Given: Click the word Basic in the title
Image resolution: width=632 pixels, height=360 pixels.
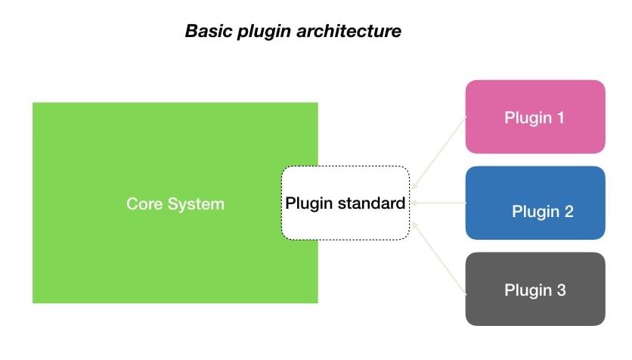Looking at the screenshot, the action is [x=209, y=31].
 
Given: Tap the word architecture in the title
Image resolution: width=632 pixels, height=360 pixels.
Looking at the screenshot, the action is [x=349, y=31].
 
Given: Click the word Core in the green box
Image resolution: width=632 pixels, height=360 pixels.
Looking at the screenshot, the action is [x=144, y=204].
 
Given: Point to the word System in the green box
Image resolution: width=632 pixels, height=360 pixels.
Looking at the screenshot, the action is [x=196, y=205].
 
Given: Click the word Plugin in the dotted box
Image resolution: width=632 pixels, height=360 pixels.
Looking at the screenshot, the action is [x=308, y=203].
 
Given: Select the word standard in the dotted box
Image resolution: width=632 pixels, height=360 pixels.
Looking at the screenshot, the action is [x=371, y=203].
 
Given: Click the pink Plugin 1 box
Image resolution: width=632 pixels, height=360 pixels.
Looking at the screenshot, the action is [x=535, y=116].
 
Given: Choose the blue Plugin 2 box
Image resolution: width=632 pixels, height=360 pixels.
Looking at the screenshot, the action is [x=535, y=203].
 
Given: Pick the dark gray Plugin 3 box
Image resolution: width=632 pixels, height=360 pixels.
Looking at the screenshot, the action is [x=535, y=289].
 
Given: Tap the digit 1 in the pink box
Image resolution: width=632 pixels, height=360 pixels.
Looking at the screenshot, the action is [x=560, y=118].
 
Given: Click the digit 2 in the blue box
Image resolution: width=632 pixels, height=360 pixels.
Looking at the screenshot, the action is [x=568, y=211].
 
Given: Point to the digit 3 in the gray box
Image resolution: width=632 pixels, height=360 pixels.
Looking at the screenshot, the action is [x=561, y=290].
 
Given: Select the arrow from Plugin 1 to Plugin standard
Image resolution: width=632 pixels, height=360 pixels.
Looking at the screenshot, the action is [x=438, y=153].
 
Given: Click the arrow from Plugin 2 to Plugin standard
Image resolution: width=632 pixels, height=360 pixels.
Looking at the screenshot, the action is [x=438, y=203].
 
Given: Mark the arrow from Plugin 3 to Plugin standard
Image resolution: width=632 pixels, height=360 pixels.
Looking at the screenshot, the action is [x=438, y=258].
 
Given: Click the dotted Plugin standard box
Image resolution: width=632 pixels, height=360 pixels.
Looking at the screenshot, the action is [x=345, y=166].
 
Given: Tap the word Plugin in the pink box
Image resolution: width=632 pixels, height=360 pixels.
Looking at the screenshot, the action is [x=528, y=119].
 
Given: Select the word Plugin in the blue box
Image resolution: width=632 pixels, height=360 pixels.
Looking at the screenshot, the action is [x=536, y=212].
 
